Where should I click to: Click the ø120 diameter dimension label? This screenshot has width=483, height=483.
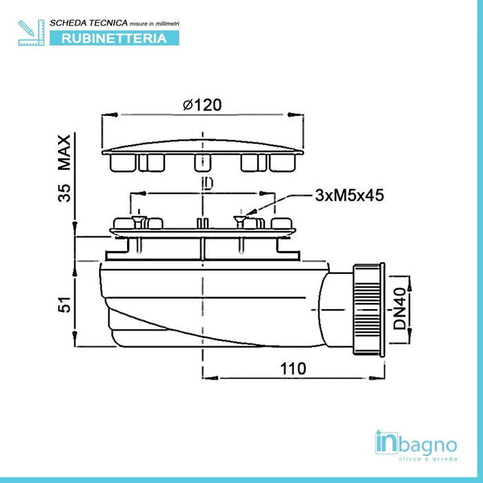pyautogui.click(x=202, y=105)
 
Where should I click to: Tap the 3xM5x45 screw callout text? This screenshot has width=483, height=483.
pyautogui.click(x=349, y=195)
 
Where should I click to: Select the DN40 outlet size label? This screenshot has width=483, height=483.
pyautogui.click(x=400, y=308)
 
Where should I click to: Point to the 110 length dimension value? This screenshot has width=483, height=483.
pyautogui.click(x=293, y=368)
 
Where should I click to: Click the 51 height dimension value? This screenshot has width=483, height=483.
pyautogui.click(x=64, y=305)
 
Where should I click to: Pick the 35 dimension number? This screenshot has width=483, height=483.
pyautogui.click(x=64, y=193)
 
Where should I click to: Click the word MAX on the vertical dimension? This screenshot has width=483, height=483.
pyautogui.click(x=64, y=152)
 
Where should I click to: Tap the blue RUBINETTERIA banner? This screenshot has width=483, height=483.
pyautogui.click(x=115, y=38)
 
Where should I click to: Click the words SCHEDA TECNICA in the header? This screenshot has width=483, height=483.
pyautogui.click(x=89, y=23)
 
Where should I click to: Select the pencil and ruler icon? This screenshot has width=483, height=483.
pyautogui.click(x=31, y=32)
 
